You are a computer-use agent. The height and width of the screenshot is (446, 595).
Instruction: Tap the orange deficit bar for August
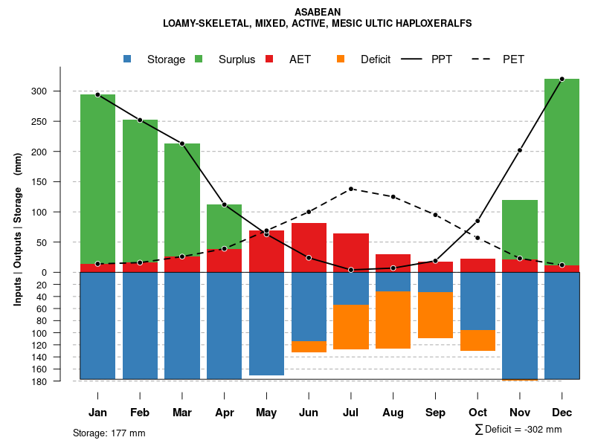click(x=393, y=320)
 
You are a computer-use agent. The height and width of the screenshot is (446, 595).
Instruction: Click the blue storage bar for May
click(x=266, y=323)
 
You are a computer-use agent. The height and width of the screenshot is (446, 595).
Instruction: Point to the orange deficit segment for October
click(x=477, y=340)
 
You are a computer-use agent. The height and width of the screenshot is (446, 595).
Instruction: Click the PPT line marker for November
click(x=520, y=150)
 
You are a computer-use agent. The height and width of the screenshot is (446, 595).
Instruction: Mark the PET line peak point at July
click(x=351, y=189)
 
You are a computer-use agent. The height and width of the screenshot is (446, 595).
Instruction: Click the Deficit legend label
click(x=376, y=59)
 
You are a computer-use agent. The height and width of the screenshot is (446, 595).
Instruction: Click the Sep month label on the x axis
click(x=436, y=413)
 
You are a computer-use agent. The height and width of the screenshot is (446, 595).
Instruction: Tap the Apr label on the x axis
click(x=225, y=413)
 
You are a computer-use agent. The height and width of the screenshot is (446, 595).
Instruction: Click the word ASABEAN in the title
click(x=318, y=13)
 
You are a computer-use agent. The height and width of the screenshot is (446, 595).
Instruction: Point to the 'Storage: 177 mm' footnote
click(x=109, y=433)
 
